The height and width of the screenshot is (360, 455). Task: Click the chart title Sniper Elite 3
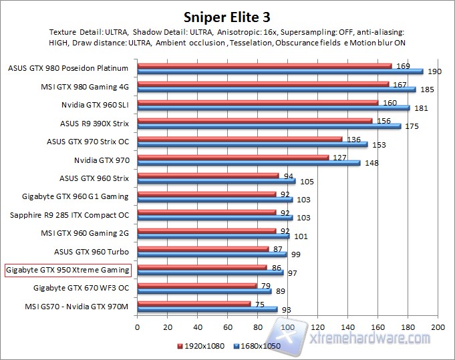(x=226, y=16)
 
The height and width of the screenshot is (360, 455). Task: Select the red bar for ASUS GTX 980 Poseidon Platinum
(x=264, y=65)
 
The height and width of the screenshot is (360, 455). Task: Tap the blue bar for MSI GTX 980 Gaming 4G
(x=276, y=89)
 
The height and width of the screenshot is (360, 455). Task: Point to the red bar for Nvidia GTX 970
(x=233, y=158)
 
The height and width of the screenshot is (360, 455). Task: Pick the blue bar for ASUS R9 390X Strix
(x=269, y=126)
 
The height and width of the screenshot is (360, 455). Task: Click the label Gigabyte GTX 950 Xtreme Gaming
(x=67, y=271)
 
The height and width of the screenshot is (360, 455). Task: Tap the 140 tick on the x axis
(x=348, y=327)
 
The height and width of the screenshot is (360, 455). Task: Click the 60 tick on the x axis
(x=228, y=327)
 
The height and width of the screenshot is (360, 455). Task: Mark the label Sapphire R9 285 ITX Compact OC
(x=69, y=215)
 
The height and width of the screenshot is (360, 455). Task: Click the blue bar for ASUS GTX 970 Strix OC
(x=252, y=144)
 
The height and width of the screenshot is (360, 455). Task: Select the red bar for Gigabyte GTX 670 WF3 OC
(x=196, y=285)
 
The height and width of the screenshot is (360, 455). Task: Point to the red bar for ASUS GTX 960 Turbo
(x=202, y=248)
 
